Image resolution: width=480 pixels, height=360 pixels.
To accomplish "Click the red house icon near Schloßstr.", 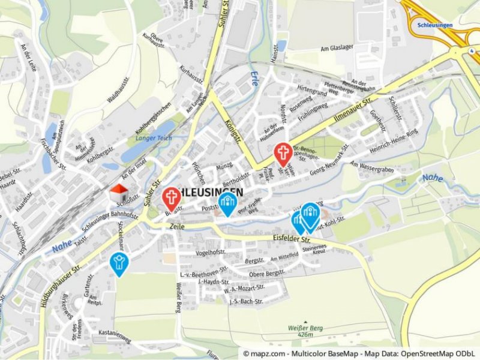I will (x=119, y=193).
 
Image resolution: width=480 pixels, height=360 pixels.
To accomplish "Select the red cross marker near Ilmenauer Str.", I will (x=283, y=154).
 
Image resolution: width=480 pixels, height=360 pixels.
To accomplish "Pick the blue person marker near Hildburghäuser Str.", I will (x=119, y=263).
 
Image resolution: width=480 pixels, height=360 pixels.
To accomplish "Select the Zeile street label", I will (x=177, y=227).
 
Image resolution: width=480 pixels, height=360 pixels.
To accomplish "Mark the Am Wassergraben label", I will (x=372, y=170).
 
